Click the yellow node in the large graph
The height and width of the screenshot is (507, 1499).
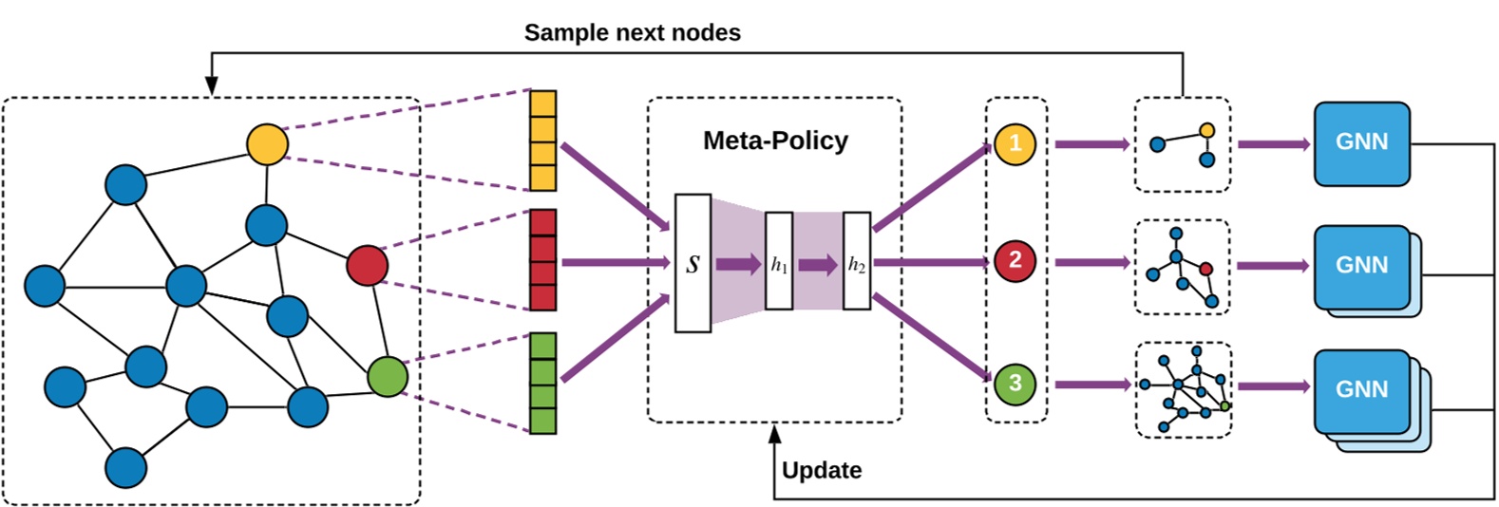[x=267, y=143]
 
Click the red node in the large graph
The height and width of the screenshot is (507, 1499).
[x=367, y=265]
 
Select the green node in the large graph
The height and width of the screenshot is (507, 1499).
[x=388, y=376]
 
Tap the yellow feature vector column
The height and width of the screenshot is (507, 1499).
[x=542, y=141]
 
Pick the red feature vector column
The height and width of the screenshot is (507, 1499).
[x=542, y=260]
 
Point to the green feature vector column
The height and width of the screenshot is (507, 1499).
[x=542, y=383]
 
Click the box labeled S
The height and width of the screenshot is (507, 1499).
[x=693, y=264]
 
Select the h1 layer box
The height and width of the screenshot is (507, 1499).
[x=779, y=262]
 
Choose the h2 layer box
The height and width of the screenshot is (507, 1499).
[x=856, y=262]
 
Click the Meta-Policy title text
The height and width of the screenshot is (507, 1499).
[x=775, y=141]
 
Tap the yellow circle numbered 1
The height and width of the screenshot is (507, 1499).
[x=1015, y=144]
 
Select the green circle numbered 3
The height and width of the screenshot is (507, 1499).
[x=1015, y=384]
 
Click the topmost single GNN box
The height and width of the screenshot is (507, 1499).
[x=1361, y=143]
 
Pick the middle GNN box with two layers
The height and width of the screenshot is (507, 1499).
[x=1361, y=267]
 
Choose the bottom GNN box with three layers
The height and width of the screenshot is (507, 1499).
[x=1361, y=390]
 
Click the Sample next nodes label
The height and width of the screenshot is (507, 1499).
[x=632, y=32]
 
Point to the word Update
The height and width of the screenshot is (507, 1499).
[x=822, y=471]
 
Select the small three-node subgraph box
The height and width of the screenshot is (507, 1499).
[x=1183, y=144]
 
